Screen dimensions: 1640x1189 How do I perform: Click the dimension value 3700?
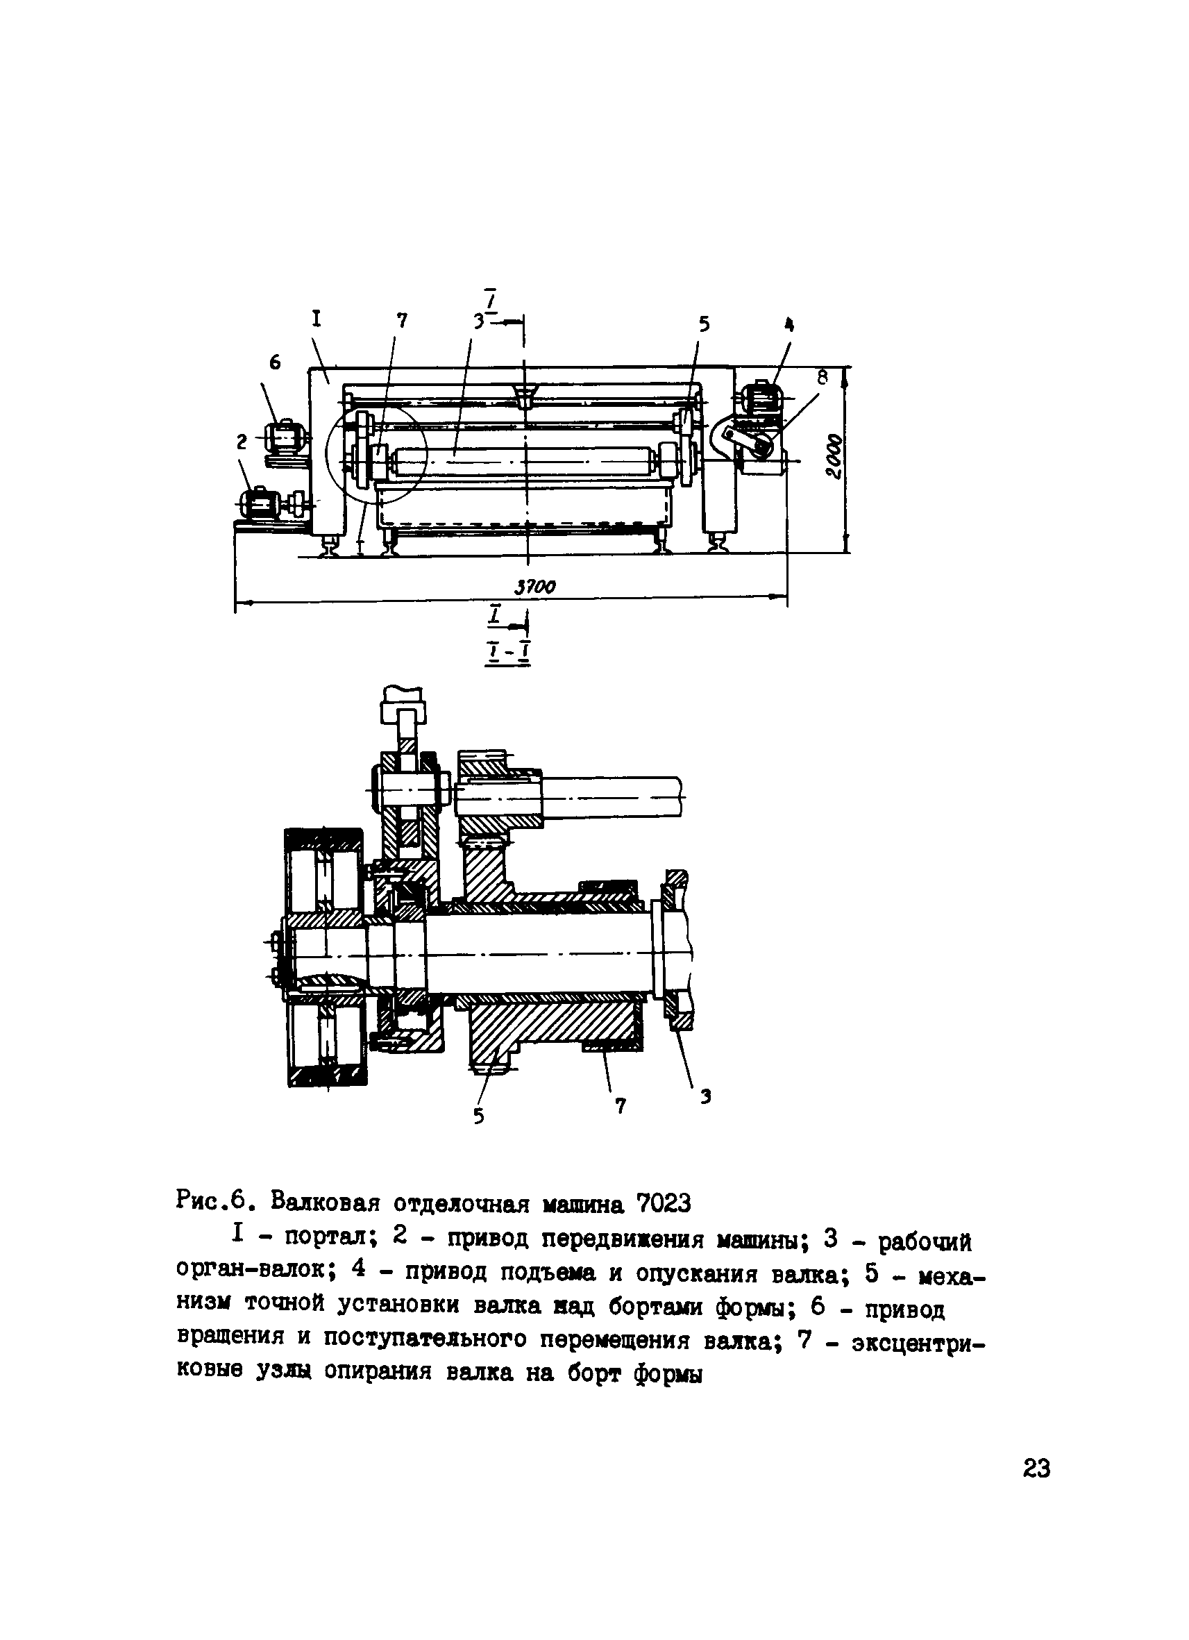[535, 587]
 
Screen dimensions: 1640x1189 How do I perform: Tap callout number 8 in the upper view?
[822, 378]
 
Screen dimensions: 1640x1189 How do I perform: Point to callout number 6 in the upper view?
[276, 363]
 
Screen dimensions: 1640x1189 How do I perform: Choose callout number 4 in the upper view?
[789, 326]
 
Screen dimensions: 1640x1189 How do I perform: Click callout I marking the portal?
[316, 318]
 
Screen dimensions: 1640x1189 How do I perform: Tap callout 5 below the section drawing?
[478, 1116]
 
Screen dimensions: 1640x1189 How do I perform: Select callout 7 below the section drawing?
[619, 1105]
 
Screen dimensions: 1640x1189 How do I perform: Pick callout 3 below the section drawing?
[705, 1097]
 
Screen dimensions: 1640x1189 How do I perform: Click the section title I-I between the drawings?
[508, 653]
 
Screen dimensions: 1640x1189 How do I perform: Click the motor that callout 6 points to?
[283, 437]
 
